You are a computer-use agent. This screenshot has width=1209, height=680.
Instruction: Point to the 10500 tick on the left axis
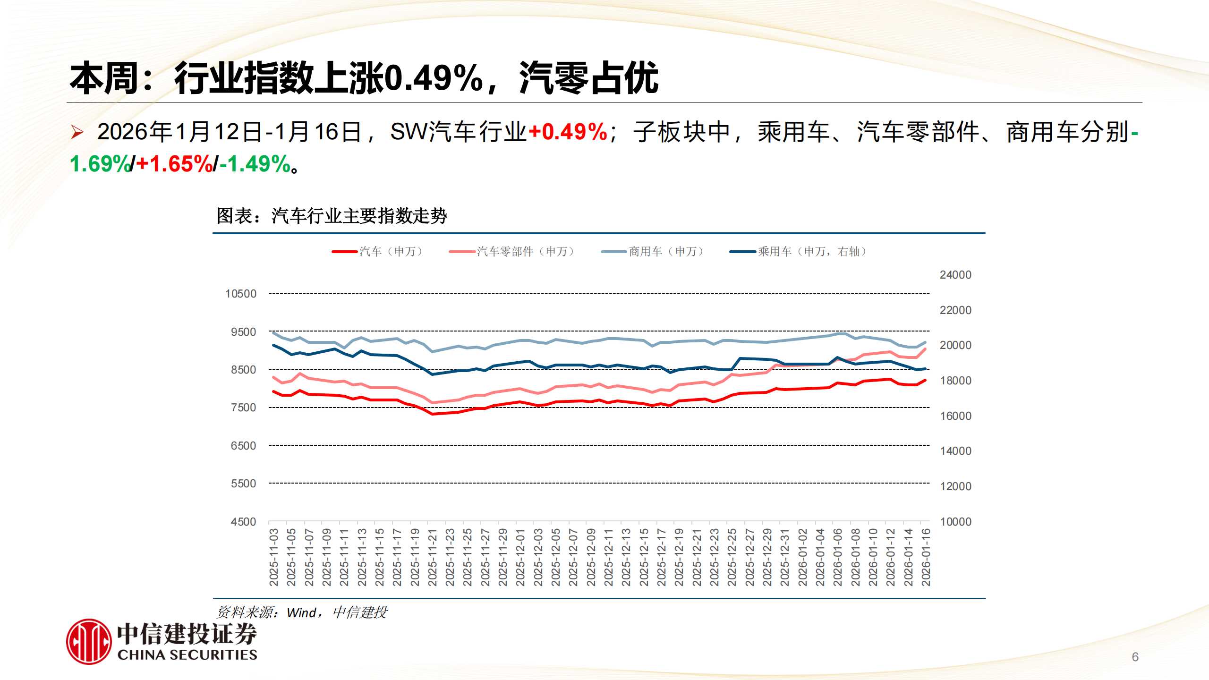[241, 294]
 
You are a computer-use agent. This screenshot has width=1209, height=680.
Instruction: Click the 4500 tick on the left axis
[243, 522]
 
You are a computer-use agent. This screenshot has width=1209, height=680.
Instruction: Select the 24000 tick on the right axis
[955, 275]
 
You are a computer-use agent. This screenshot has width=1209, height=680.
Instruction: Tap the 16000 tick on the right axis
[955, 416]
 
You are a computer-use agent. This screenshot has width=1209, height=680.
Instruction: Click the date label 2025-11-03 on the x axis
[274, 557]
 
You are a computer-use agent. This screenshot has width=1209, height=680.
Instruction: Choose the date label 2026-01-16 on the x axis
[926, 557]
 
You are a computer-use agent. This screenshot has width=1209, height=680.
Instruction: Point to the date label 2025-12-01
[520, 557]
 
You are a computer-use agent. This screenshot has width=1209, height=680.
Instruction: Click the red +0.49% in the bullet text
[568, 132]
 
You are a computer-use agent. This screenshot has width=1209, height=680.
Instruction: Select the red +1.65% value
[175, 164]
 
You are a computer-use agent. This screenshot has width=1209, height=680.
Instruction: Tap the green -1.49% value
[255, 164]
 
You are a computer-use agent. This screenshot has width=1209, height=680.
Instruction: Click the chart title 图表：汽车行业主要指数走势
[332, 216]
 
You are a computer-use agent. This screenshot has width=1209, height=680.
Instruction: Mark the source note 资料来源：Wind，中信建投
[302, 612]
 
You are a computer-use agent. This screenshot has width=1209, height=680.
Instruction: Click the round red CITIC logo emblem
[89, 642]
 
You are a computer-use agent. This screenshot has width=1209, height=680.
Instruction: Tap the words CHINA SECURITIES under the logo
[187, 655]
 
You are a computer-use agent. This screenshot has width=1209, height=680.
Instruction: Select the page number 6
[1135, 657]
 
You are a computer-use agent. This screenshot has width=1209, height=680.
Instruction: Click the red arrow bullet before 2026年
[77, 132]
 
